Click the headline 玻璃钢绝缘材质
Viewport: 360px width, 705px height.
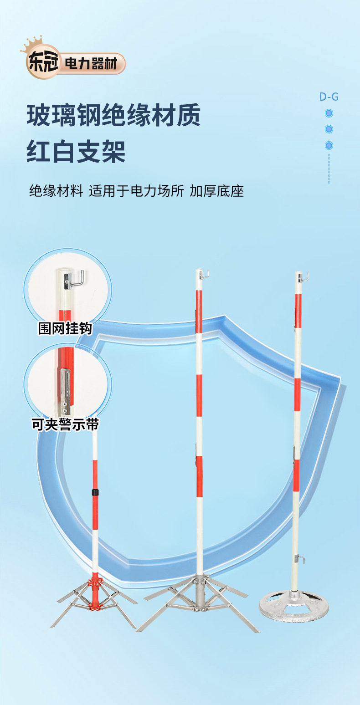[x=113, y=116]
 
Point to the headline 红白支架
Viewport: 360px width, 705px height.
[x=76, y=152]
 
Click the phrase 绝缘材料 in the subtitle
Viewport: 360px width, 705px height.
[x=56, y=191]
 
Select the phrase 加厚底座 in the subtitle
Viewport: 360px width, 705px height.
[x=217, y=191]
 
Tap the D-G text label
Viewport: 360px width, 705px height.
[x=329, y=97]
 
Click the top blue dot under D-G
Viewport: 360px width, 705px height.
[x=329, y=113]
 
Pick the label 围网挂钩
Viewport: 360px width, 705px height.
[x=65, y=328]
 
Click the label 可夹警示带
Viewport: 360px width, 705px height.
[x=65, y=425]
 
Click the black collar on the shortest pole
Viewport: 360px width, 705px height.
[x=95, y=493]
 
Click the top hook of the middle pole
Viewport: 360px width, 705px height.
[x=204, y=274]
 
